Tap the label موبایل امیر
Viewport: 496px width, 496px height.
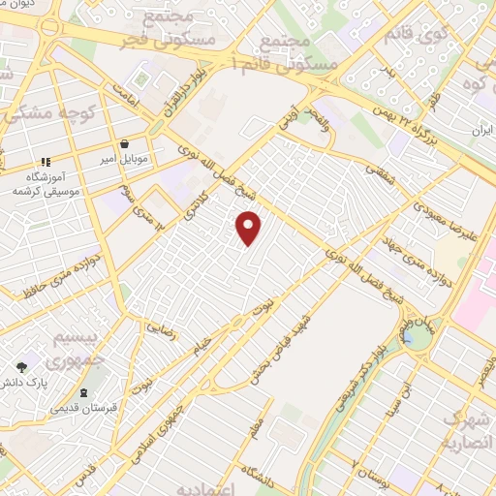tap(124, 159)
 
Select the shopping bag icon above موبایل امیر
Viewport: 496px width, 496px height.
tap(125, 143)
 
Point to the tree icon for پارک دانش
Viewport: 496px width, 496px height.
tap(22, 367)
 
